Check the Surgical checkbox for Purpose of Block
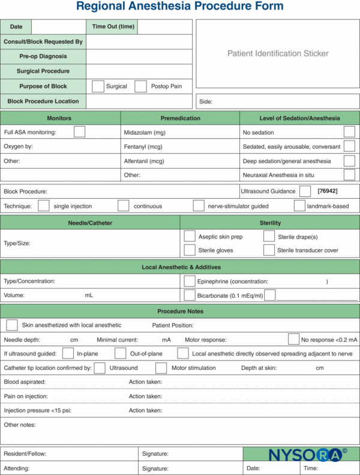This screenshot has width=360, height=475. point(98,86)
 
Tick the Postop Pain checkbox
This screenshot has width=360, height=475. point(140,86)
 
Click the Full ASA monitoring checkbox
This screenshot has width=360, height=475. point(79,132)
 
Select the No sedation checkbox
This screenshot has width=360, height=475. point(349,132)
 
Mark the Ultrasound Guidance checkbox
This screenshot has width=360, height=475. point(305,191)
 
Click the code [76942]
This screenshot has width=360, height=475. point(327,191)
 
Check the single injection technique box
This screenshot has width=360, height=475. point(43,206)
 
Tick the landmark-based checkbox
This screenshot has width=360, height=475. point(299,206)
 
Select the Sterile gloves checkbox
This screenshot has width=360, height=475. point(189,250)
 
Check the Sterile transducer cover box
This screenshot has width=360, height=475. point(269,250)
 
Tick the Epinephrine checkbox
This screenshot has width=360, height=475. point(189,281)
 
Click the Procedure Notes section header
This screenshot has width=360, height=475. point(180,311)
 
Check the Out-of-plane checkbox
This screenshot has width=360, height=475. point(121,354)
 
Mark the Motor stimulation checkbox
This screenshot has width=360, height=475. point(161,368)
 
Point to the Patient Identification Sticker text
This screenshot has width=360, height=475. point(278,53)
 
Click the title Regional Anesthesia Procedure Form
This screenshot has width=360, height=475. point(180,7)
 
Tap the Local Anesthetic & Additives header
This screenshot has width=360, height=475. point(180,267)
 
